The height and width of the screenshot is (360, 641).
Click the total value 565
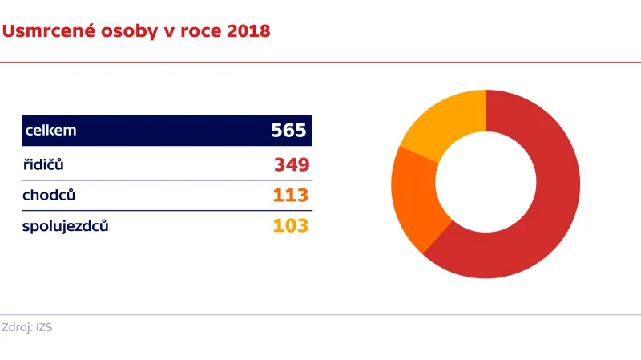288,131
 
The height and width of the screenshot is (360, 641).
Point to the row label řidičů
43,164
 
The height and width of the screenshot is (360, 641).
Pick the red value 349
291,164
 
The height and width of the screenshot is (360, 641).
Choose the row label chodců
49,195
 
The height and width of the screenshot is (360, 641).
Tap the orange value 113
291,195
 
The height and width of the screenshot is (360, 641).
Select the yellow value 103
291,225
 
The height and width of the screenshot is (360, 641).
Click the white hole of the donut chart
486,184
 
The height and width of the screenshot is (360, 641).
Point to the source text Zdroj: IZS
27,327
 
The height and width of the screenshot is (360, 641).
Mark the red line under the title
320,62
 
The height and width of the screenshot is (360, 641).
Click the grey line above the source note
320,315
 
